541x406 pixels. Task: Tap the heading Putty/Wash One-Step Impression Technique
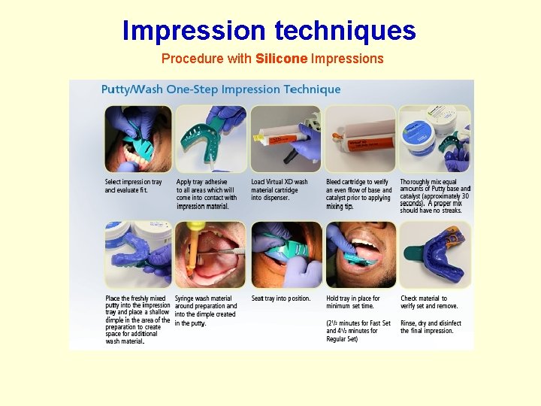tap(221, 89)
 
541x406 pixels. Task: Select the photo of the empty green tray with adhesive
tap(211, 139)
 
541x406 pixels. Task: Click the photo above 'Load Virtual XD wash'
tap(285, 139)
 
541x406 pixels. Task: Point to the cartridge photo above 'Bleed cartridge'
tap(360, 139)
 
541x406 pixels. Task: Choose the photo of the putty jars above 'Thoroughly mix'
tap(435, 139)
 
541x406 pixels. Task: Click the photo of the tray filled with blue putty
tap(138, 254)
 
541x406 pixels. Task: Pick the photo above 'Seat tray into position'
tap(286, 254)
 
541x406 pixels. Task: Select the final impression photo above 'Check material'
tap(435, 254)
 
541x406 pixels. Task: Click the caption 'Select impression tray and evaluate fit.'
tap(134, 186)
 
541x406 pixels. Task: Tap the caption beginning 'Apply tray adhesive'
tap(206, 194)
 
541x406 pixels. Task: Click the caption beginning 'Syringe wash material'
tap(206, 311)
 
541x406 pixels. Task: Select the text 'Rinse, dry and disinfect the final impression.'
tap(431, 327)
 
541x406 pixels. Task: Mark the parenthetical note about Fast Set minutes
tap(358, 331)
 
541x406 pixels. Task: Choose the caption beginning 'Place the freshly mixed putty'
tap(138, 320)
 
